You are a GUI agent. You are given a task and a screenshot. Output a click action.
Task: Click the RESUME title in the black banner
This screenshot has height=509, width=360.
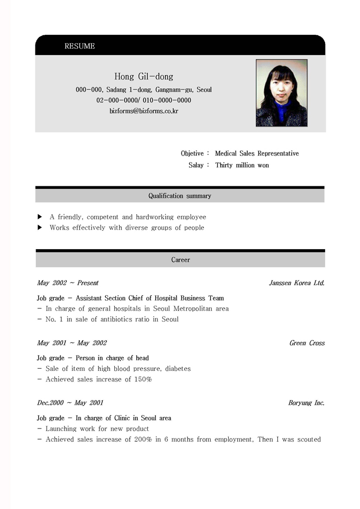click(x=79, y=46)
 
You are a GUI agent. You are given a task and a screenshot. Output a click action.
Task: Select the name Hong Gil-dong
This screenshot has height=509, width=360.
click(x=143, y=77)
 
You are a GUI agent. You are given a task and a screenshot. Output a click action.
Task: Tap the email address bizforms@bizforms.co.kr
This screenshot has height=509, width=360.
click(x=143, y=111)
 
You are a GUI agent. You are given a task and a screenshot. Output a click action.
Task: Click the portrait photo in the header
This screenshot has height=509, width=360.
click(x=281, y=93)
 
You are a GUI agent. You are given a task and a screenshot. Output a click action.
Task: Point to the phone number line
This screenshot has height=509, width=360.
click(x=143, y=101)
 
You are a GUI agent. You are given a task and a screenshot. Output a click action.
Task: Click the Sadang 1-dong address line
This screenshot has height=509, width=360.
click(x=143, y=90)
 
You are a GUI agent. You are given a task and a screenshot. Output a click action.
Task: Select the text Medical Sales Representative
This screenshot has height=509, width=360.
click(x=257, y=153)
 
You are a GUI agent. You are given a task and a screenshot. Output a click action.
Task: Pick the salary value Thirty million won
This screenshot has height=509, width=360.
click(x=242, y=166)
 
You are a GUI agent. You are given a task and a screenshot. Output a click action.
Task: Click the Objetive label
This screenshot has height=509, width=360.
click(x=192, y=153)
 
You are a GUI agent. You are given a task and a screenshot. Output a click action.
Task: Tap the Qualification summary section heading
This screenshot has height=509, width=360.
click(x=179, y=196)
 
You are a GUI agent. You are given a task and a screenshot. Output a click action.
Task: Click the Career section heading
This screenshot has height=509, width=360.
click(x=180, y=260)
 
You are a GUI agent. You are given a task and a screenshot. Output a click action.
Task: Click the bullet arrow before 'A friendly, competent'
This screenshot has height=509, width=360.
click(x=40, y=217)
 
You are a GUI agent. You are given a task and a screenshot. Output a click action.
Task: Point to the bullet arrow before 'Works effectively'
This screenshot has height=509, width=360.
click(x=40, y=228)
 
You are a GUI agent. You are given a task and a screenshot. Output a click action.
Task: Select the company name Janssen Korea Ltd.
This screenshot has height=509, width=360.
click(x=296, y=283)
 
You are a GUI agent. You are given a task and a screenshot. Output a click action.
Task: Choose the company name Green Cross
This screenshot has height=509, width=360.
click(x=307, y=343)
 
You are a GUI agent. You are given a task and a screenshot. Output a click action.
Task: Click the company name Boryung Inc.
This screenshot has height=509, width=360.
click(x=306, y=403)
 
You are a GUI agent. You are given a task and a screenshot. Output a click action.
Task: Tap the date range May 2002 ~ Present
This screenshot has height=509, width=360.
click(x=68, y=283)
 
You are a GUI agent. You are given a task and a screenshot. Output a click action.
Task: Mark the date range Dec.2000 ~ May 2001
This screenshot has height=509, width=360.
click(x=70, y=403)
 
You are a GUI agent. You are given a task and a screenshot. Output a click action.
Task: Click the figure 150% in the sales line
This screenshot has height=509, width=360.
click(x=143, y=379)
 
